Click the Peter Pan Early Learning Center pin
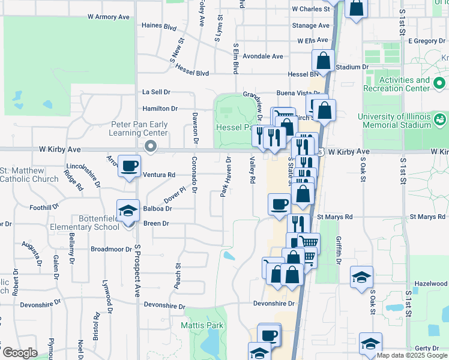click(151, 146)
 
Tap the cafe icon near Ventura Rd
click(129, 166)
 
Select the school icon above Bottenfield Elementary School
click(127, 211)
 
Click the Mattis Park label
click(198, 325)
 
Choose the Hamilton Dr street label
click(160, 109)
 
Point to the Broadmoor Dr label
click(110, 248)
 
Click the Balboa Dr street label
click(158, 209)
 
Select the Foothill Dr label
click(44, 207)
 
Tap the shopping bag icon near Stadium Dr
click(323, 61)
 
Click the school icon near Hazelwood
click(361, 277)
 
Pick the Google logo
click(19, 353)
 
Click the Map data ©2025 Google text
click(412, 355)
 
